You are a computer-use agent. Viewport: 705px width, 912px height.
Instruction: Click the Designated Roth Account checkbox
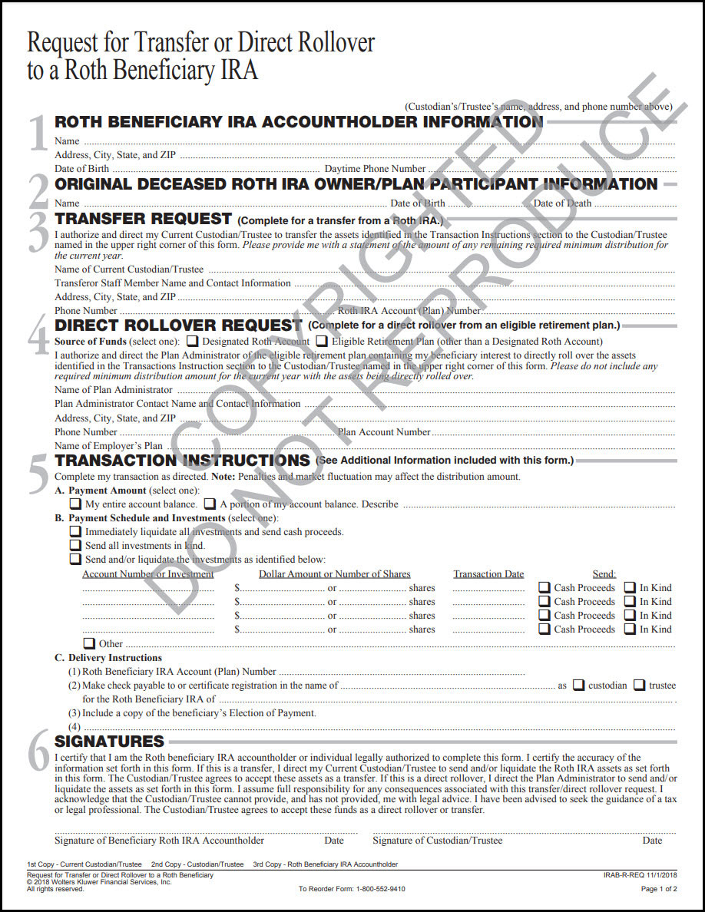pos(193,341)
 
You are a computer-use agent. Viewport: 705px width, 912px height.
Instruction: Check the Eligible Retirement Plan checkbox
pos(323,341)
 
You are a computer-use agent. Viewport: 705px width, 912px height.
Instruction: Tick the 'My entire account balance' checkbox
pos(75,504)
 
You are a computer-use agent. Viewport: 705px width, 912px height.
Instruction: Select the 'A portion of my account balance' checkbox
pos(210,504)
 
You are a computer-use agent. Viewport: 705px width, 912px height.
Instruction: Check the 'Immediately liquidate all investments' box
pos(75,531)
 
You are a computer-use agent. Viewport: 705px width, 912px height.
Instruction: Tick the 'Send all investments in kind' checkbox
pos(75,545)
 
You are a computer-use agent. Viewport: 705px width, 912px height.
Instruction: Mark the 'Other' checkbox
pos(89,643)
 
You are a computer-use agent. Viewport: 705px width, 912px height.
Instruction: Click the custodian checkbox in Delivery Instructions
pos(579,685)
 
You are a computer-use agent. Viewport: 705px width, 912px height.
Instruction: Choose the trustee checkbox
pos(639,685)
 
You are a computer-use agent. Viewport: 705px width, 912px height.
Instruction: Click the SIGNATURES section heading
pos(109,741)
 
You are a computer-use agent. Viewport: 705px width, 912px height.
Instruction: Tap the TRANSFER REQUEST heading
pos(143,219)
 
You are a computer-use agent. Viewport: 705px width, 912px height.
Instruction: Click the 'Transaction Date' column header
pos(488,573)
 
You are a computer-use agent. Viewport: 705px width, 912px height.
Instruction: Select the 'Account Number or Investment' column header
pos(147,573)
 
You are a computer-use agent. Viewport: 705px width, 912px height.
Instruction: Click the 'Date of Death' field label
pos(562,203)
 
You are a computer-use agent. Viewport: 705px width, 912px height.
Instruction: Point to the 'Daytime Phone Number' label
pos(375,169)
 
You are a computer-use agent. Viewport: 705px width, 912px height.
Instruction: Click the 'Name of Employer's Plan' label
pos(108,446)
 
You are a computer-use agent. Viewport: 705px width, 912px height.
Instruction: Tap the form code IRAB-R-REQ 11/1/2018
pos(640,875)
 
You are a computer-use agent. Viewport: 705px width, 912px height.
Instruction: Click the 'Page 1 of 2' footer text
pos(658,889)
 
